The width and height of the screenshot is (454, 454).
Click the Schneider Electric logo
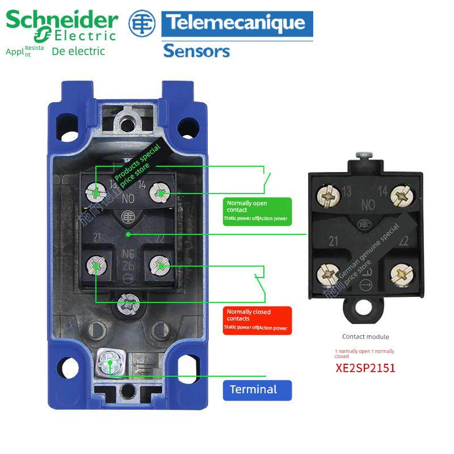click(61, 26)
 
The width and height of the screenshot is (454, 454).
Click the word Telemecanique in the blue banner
click(237, 24)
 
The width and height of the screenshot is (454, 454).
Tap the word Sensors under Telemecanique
click(196, 51)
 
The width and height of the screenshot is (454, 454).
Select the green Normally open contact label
click(257, 211)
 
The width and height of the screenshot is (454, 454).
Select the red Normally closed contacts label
click(257, 320)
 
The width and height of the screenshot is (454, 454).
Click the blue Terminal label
click(257, 390)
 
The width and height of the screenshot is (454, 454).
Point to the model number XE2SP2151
click(365, 368)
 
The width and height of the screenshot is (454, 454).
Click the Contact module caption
click(365, 337)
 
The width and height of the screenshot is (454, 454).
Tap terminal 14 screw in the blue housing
click(160, 194)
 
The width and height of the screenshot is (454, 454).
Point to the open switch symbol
click(265, 180)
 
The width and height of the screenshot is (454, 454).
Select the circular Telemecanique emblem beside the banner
click(141, 24)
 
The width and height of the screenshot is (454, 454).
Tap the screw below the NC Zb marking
click(128, 302)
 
